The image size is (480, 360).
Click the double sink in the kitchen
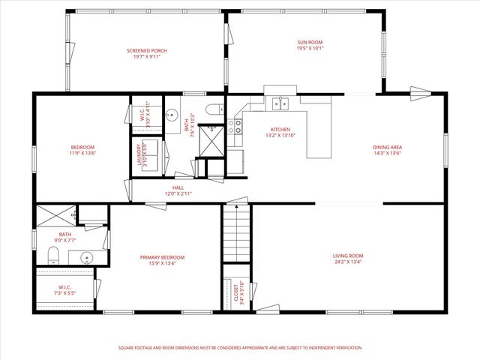coord(282,103)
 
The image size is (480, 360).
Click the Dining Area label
coord(388,148)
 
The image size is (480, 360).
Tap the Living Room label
coord(347,257)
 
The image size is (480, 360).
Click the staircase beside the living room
coord(234,235)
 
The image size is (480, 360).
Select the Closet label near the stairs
coord(237,290)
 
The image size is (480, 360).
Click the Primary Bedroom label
coord(162,257)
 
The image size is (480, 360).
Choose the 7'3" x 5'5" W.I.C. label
coord(64,290)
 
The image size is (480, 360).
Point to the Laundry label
coord(139,155)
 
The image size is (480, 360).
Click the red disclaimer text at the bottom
coord(240,348)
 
